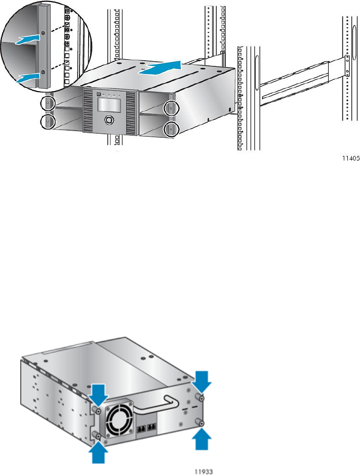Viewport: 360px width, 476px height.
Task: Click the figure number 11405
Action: click(351, 158)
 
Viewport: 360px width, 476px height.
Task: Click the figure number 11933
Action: click(204, 471)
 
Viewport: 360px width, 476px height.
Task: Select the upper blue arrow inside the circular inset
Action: click(28, 39)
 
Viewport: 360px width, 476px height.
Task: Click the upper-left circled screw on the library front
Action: click(48, 104)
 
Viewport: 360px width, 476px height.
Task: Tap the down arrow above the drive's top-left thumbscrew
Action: click(98, 395)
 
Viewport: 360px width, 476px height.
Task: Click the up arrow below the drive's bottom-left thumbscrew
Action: click(98, 453)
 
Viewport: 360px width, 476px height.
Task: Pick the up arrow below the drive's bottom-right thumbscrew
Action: click(202, 439)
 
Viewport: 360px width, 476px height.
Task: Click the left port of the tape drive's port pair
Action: click(141, 428)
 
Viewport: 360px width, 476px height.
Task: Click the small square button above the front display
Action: click(99, 94)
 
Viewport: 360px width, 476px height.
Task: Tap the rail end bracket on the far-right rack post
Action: click(347, 65)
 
